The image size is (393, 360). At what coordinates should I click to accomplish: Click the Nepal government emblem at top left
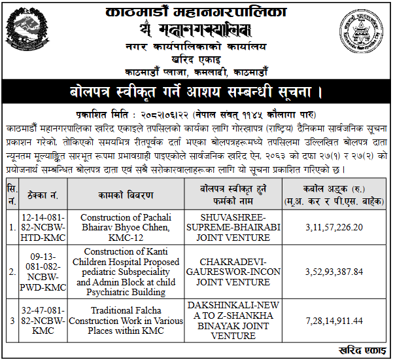(28, 33)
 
